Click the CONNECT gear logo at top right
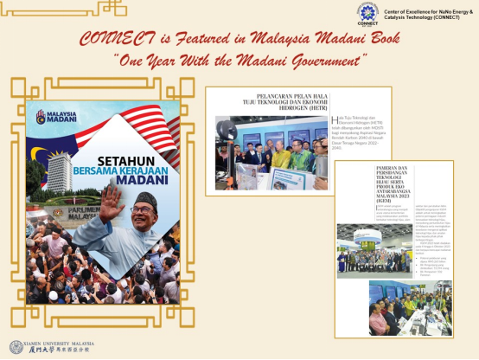pos(367,13)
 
